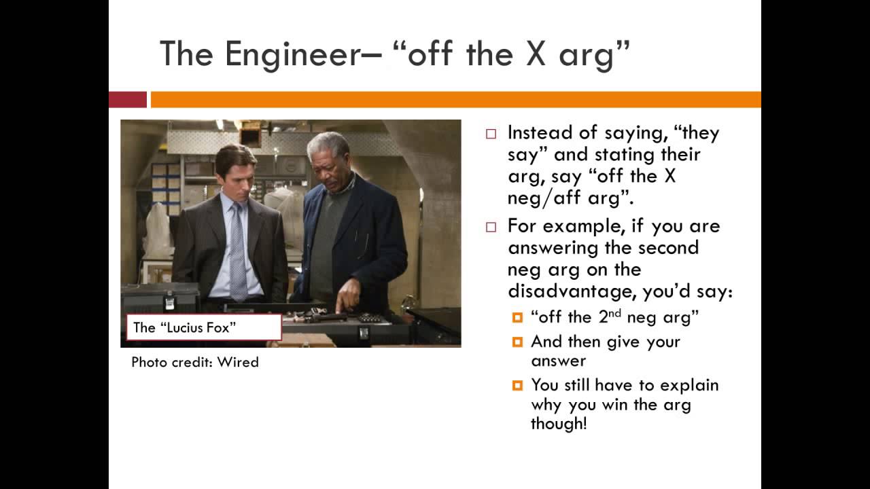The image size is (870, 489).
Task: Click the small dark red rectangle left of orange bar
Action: [x=128, y=100]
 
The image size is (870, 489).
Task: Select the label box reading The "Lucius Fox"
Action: [x=204, y=327]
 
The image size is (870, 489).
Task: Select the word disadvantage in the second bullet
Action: [x=572, y=291]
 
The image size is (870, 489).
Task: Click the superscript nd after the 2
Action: [x=615, y=312]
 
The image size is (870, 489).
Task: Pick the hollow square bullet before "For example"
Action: [x=491, y=227]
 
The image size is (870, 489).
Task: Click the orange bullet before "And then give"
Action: [x=518, y=342]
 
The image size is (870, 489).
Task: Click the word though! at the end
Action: [x=558, y=424]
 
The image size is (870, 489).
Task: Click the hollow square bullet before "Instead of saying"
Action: [x=491, y=134]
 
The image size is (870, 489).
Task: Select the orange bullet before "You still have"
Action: [x=518, y=385]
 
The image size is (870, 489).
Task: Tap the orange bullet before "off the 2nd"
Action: [x=518, y=317]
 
